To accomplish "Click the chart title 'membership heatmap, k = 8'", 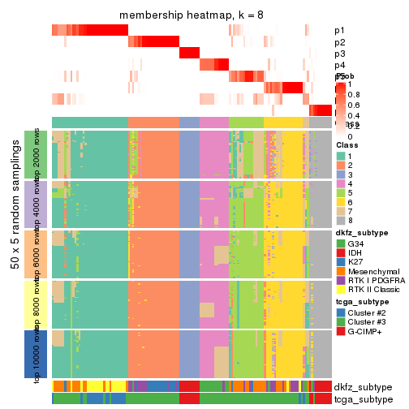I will pyautogui.click(x=192, y=15).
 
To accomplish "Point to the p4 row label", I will pyautogui.click(x=339, y=65).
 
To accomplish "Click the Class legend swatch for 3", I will pyautogui.click(x=341, y=174).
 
